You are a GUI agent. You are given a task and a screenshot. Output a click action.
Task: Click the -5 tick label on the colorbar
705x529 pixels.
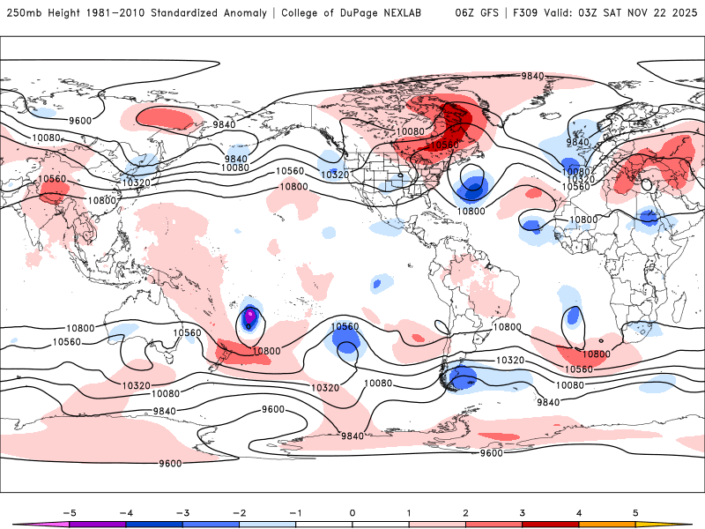pyautogui.click(x=70, y=511)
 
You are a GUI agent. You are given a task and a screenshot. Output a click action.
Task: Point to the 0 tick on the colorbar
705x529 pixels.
pyautogui.click(x=352, y=511)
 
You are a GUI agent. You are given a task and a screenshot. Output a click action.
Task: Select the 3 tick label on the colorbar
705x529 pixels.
pyautogui.click(x=523, y=511)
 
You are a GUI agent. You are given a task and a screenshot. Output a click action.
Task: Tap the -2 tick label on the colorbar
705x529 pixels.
pyautogui.click(x=240, y=511)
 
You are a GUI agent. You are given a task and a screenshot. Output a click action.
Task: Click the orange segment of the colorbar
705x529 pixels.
pyautogui.click(x=606, y=525)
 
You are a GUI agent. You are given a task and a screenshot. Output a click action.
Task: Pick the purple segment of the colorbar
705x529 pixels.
pyautogui.click(x=99, y=525)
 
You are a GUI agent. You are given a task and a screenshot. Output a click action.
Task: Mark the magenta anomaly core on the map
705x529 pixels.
pyautogui.click(x=249, y=314)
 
